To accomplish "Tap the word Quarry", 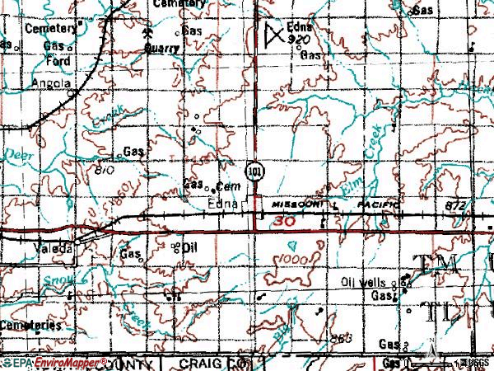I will point(161,49).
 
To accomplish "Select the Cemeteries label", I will point(30,325).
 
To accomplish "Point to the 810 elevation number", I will point(105,170).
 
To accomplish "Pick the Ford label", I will point(57,60).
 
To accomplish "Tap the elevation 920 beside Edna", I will point(299,39).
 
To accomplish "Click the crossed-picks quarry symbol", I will point(147,34).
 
